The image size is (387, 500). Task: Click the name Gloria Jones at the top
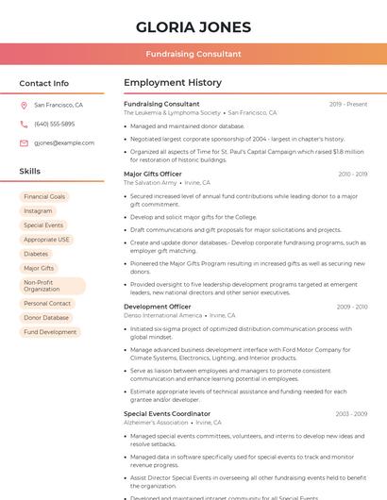click(193, 26)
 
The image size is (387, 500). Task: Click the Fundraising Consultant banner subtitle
click(193, 55)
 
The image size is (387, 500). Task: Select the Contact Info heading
click(43, 83)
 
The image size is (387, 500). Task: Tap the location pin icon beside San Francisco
click(24, 106)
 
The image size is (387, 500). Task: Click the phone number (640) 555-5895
click(54, 124)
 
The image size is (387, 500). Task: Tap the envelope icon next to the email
click(24, 142)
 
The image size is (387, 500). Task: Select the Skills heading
click(29, 172)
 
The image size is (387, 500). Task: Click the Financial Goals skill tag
click(44, 196)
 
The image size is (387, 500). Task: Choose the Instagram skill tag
click(38, 210)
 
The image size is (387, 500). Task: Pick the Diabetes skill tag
click(36, 254)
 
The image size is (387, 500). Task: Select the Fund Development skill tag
click(50, 332)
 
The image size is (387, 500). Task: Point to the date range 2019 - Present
click(348, 104)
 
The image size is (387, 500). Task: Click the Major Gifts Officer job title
click(153, 174)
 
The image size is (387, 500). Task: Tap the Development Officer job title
click(158, 307)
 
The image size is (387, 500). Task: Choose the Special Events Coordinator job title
click(167, 413)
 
